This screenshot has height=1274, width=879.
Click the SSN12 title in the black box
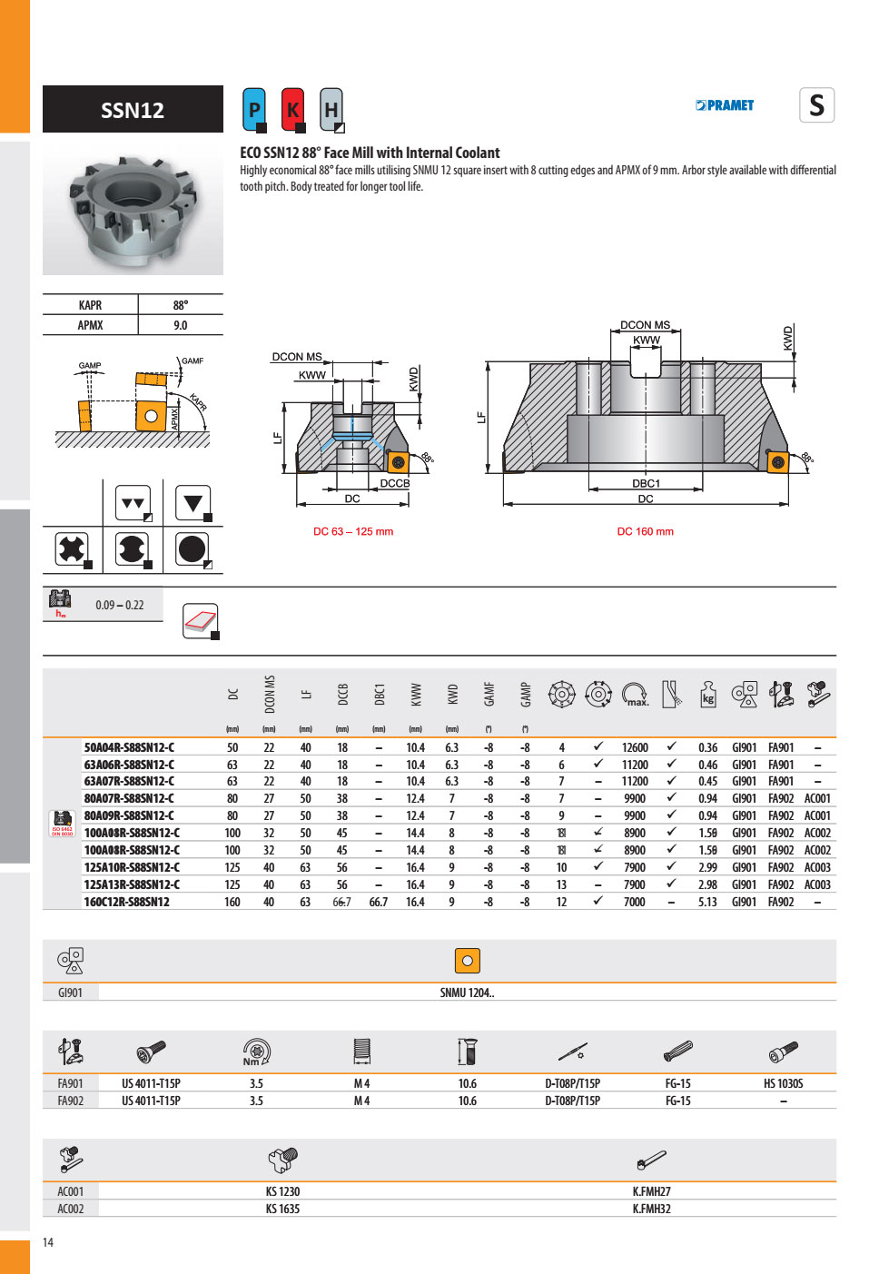(x=133, y=111)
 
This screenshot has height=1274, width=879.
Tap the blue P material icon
(x=254, y=110)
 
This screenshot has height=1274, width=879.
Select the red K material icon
(x=292, y=110)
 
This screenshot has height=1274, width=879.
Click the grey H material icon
(x=331, y=110)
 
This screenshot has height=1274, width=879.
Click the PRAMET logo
(x=725, y=105)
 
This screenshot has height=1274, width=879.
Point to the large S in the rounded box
(x=816, y=105)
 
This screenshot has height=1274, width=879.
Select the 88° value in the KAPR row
(x=181, y=305)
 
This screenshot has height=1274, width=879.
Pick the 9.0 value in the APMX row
(x=181, y=325)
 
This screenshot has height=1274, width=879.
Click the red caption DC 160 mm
(x=645, y=532)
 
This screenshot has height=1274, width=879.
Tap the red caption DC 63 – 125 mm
(x=353, y=532)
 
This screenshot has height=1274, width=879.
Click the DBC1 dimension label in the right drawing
(x=646, y=483)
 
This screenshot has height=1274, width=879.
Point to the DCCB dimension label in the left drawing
(x=394, y=483)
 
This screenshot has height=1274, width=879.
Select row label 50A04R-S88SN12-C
(x=129, y=748)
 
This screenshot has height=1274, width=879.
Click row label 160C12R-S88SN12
(x=126, y=902)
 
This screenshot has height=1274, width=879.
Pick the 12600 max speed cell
(x=635, y=748)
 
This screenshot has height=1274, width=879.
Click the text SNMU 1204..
(x=467, y=993)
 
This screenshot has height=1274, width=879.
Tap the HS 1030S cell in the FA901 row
(x=783, y=1083)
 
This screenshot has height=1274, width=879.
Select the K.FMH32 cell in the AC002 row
(x=651, y=1209)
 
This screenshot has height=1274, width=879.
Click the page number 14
(x=48, y=1242)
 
